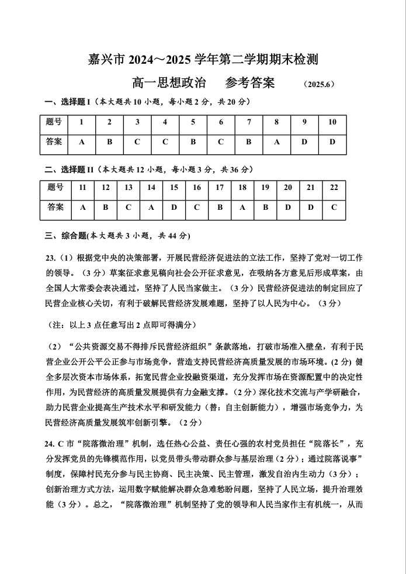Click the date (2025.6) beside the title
[x=318, y=84]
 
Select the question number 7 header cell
[x=249, y=122]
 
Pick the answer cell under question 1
[x=82, y=142]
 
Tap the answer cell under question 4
[x=165, y=142]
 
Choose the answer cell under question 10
[x=332, y=142]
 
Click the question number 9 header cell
[x=304, y=122]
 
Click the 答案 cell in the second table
[x=55, y=207]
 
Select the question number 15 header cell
[x=174, y=188]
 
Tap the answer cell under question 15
[x=174, y=207]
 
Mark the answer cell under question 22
[x=334, y=207]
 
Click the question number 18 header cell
[x=242, y=188]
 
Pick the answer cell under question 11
[x=83, y=207]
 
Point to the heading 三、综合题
[x=65, y=236]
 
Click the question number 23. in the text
[x=50, y=258]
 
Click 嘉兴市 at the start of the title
[x=107, y=59]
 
